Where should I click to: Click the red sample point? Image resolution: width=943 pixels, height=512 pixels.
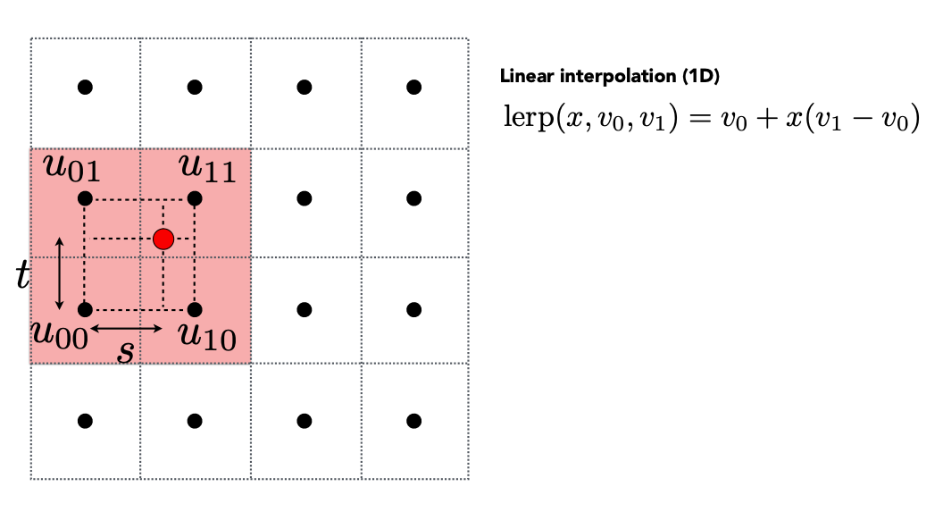pyautogui.click(x=163, y=239)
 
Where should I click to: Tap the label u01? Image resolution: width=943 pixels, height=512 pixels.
pyautogui.click(x=72, y=167)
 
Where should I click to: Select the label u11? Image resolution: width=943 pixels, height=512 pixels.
pyautogui.click(x=207, y=167)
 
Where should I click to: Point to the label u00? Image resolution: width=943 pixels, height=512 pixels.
pyautogui.click(x=60, y=334)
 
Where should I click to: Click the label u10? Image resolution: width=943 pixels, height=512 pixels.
pyautogui.click(x=207, y=336)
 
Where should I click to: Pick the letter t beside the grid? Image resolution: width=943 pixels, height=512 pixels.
pyautogui.click(x=22, y=274)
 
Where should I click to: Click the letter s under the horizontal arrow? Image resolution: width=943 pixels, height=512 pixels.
pyautogui.click(x=126, y=351)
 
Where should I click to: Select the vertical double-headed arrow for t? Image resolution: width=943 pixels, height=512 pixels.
pyautogui.click(x=59, y=273)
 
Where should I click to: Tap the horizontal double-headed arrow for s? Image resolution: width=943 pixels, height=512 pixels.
pyautogui.click(x=126, y=328)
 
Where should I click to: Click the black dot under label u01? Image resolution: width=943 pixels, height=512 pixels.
pyautogui.click(x=86, y=198)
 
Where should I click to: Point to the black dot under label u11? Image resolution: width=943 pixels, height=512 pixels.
pyautogui.click(x=195, y=198)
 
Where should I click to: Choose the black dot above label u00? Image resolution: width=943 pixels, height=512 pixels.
pyautogui.click(x=86, y=309)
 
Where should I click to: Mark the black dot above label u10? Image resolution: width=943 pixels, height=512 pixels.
pyautogui.click(x=195, y=309)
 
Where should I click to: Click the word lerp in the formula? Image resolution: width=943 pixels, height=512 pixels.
pyautogui.click(x=528, y=116)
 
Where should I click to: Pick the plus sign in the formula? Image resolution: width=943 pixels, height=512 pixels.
pyautogui.click(x=766, y=118)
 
